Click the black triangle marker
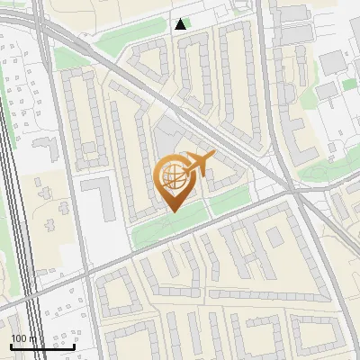point(181,24)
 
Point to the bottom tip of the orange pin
point(172,211)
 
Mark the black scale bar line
point(41,346)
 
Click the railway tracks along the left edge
point(18,225)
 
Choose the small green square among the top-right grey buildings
point(349,85)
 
